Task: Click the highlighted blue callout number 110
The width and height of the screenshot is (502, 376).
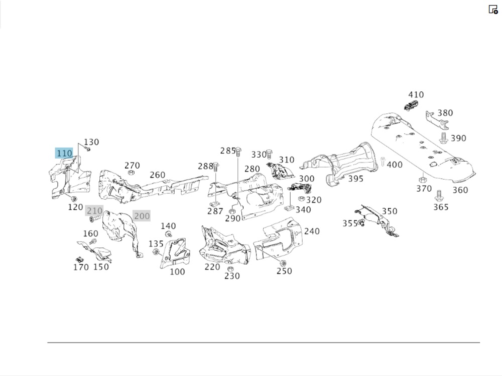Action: [64, 153]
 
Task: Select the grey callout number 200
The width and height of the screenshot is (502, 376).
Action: [142, 216]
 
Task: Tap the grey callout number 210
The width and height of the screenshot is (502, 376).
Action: [94, 211]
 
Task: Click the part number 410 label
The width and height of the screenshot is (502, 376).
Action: [416, 95]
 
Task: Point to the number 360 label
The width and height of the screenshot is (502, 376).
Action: [460, 190]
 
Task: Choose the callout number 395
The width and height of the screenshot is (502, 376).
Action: [356, 179]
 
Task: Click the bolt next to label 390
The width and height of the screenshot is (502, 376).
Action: [443, 138]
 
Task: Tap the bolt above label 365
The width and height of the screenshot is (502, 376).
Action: [439, 195]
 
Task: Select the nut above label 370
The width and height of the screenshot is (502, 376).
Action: [422, 180]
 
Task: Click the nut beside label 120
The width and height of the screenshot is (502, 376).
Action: [73, 199]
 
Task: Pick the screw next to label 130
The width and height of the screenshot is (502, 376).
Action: [87, 149]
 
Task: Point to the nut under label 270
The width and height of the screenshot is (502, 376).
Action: [131, 173]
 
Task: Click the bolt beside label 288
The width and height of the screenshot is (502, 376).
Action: [216, 167]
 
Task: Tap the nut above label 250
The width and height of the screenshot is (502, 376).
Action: [283, 263]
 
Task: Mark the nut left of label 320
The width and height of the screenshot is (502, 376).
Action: [301, 199]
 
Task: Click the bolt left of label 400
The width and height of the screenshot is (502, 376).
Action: [382, 162]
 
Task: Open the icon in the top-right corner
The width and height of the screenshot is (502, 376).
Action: [493, 10]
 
